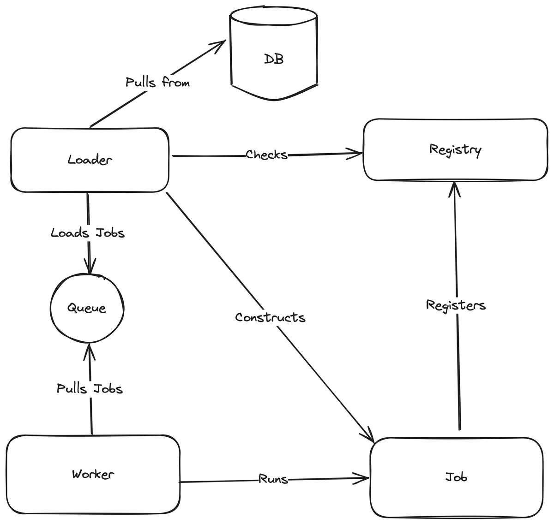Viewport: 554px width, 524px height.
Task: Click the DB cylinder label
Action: pos(274,59)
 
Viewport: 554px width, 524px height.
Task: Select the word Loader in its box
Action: pos(90,160)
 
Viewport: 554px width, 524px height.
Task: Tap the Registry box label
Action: pos(455,150)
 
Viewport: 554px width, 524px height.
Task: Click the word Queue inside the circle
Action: pos(87,308)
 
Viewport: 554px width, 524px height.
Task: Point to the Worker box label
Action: pos(93,475)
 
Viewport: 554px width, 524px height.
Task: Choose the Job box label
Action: pos(456,477)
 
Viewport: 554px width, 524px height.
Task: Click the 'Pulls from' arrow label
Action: pos(157,82)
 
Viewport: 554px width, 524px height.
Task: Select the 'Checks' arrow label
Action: pos(266,155)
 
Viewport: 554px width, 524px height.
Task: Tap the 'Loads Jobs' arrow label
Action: pos(88,233)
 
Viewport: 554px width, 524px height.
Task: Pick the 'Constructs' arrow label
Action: pos(270,317)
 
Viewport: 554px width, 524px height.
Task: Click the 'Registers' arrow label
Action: pos(456,305)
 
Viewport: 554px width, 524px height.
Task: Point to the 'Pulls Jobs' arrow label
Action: pos(90,388)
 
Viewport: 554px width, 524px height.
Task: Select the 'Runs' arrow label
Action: pos(273,479)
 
